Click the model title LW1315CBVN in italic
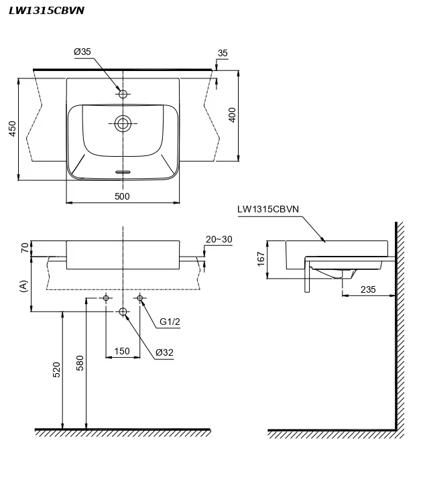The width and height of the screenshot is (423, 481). [x=46, y=10]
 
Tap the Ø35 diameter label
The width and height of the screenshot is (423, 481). [x=82, y=51]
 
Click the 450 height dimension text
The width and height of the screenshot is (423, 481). [x=11, y=129]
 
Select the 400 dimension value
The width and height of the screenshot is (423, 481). [x=232, y=115]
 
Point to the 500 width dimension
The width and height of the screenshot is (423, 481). [x=122, y=196]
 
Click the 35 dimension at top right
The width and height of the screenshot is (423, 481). [x=223, y=52]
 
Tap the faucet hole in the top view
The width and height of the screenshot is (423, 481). [x=123, y=94]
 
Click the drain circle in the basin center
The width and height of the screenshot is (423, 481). [x=123, y=123]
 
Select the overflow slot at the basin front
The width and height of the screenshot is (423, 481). [x=123, y=171]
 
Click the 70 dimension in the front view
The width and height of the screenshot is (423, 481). [x=25, y=248]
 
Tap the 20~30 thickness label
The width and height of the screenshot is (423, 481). [x=219, y=239]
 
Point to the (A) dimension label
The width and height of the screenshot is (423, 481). [x=24, y=286]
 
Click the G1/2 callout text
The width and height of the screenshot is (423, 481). [x=170, y=322]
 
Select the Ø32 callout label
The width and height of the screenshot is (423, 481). [x=164, y=352]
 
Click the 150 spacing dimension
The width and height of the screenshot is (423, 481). [x=122, y=351]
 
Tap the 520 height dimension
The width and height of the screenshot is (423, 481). [x=56, y=369]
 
